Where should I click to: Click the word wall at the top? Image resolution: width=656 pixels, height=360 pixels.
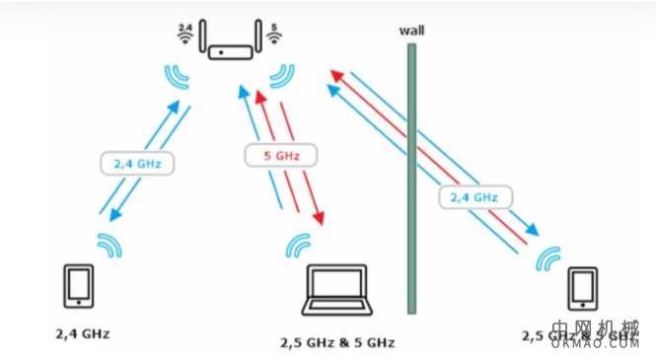coord(411,29)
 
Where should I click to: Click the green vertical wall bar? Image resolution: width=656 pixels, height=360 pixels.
coord(411,178)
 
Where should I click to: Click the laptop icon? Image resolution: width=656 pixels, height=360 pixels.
coord(335,293)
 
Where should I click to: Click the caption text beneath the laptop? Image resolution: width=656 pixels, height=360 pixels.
coord(338,342)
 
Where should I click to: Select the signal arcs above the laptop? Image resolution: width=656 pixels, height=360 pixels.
coord(298,244)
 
